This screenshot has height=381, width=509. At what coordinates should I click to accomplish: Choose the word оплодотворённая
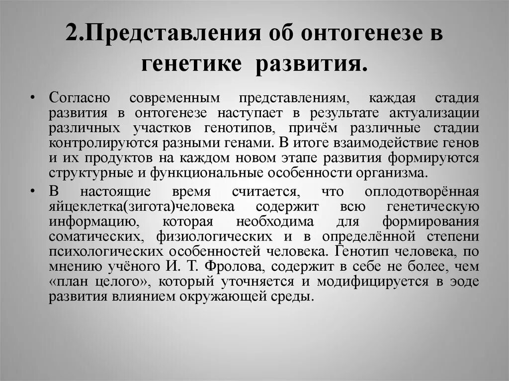422,192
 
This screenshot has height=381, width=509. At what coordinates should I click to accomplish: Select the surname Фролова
235,267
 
